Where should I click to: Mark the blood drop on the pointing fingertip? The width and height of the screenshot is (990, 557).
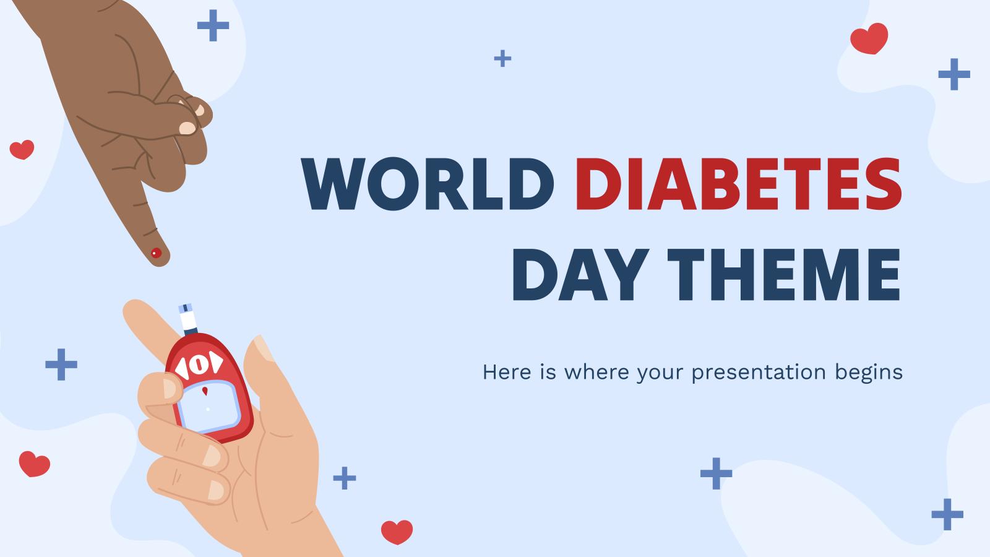[x=157, y=253]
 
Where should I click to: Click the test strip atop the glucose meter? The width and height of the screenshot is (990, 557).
[x=187, y=319]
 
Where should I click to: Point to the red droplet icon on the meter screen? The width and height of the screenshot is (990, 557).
[x=205, y=391]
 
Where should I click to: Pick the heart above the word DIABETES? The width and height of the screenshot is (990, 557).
[x=869, y=38]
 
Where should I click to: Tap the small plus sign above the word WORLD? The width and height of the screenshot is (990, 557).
[x=502, y=59]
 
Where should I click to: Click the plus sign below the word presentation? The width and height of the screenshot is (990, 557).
[x=716, y=473]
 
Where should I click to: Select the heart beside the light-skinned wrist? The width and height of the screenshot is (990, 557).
[x=397, y=532]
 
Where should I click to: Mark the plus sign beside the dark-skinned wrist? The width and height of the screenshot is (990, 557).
[x=213, y=25]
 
